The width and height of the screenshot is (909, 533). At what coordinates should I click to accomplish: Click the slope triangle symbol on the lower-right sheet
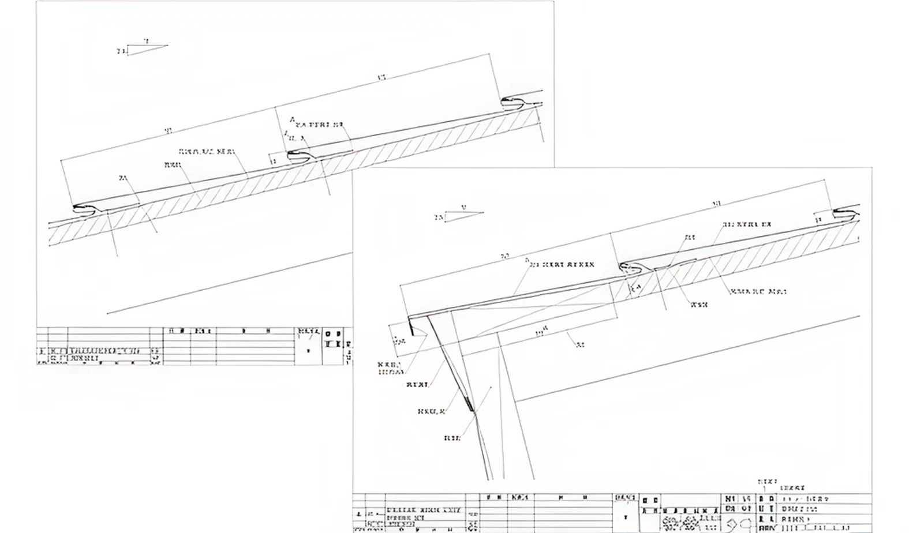pos(463,216)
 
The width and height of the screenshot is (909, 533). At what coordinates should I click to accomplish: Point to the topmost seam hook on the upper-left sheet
pos(513,102)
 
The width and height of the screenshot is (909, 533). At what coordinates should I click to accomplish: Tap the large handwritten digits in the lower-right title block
pos(738,524)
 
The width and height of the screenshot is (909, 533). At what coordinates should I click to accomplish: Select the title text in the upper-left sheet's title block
pos(104,351)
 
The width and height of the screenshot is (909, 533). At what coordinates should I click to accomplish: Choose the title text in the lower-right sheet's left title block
pos(424,511)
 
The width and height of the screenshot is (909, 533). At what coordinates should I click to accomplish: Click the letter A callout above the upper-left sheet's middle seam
pos(293,120)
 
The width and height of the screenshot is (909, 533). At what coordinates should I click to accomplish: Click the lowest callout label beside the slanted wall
pos(452,438)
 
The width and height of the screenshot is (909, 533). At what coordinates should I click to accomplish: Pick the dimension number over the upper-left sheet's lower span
pos(169,131)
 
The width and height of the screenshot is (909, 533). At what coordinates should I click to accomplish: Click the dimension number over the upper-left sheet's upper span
pos(381,77)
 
